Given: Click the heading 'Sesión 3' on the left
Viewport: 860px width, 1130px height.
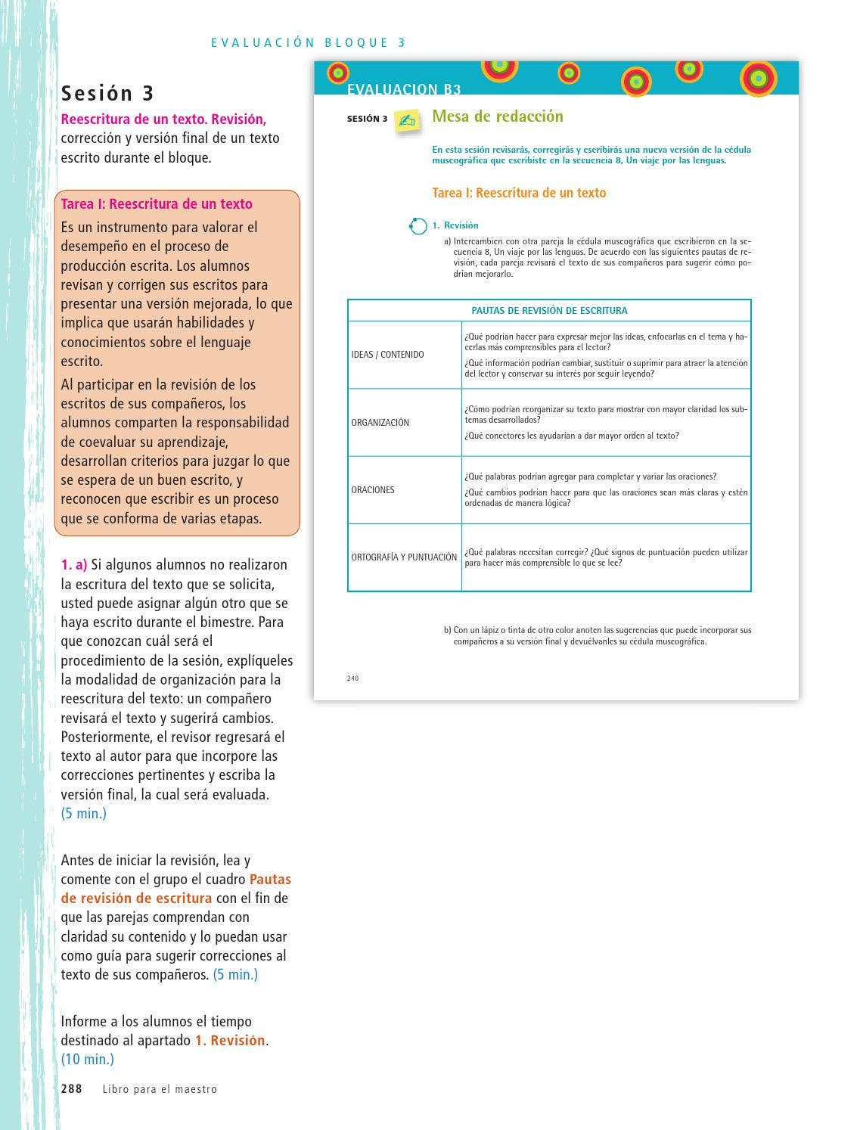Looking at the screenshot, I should tap(107, 93).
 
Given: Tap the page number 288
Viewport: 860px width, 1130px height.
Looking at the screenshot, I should tap(71, 1089).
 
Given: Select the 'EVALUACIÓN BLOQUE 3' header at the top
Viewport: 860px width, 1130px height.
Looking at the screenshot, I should tap(309, 43).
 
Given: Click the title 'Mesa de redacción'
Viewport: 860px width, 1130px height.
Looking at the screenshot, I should tap(497, 116).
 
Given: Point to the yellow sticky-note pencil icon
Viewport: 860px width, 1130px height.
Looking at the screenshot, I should tap(407, 121).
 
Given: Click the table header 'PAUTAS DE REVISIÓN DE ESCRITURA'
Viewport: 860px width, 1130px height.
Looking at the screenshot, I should tap(549, 310).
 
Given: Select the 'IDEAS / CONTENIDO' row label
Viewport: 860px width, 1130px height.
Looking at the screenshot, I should tap(387, 355).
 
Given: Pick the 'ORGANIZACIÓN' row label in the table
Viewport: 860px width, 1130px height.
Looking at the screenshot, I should tap(380, 423).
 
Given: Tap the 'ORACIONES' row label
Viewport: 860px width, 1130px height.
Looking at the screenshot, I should tap(373, 490).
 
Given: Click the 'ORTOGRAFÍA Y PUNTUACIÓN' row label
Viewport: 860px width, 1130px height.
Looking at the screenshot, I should tap(404, 557).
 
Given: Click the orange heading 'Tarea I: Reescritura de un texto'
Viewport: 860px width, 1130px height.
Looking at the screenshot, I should tap(519, 193).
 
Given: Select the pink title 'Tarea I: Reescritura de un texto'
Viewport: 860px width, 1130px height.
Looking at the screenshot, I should tap(157, 204).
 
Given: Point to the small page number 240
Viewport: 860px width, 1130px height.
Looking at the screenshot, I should tap(352, 678).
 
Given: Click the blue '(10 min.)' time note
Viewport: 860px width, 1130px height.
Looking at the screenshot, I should tap(88, 1060).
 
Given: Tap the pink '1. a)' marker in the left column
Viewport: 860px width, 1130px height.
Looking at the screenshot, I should tap(74, 565).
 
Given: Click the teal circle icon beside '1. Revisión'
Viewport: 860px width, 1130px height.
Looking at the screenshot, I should tap(418, 226).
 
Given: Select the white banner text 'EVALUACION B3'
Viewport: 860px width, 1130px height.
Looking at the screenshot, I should tap(404, 89).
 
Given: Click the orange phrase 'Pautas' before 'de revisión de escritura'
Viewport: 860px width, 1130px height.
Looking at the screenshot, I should tap(270, 880).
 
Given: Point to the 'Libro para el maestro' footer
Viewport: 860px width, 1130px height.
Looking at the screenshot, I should tap(160, 1090).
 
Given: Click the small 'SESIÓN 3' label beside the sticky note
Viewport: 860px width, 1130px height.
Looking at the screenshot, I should tap(367, 119).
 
